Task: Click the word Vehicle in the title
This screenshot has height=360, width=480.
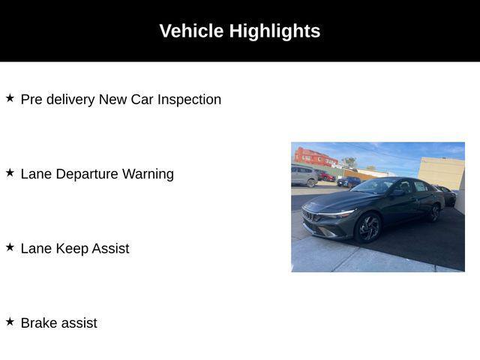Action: tap(192, 31)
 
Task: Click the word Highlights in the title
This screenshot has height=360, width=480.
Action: tap(275, 31)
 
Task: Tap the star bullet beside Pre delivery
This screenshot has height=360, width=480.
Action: tap(10, 98)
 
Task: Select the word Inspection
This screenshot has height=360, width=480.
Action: tap(189, 100)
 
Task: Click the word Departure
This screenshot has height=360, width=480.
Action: tap(87, 174)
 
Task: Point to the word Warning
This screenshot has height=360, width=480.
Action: tap(148, 174)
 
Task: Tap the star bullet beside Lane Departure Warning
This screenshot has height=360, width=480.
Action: tap(10, 172)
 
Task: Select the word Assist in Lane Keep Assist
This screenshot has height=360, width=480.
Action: tap(110, 248)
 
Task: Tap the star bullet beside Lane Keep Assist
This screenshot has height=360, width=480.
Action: tap(10, 247)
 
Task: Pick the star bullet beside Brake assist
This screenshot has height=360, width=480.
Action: tap(10, 322)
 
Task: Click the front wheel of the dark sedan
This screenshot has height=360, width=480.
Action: tap(368, 228)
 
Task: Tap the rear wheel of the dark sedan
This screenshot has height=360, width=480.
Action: tap(435, 212)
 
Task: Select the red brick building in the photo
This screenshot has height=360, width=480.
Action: tap(315, 157)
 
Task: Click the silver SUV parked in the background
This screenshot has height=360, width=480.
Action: tap(304, 176)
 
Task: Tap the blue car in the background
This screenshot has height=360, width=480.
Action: tap(349, 181)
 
